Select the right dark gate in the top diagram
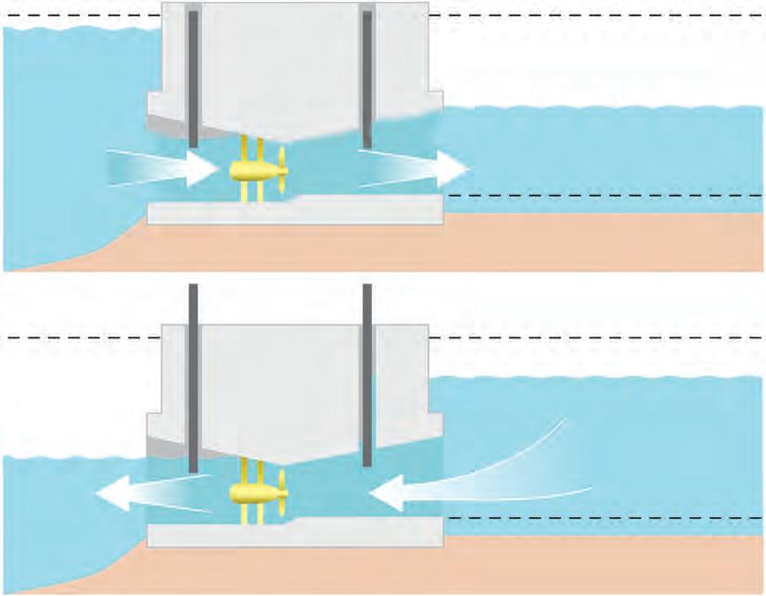(367, 79)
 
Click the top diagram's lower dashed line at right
(603, 196)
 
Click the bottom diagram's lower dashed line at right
(603, 517)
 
